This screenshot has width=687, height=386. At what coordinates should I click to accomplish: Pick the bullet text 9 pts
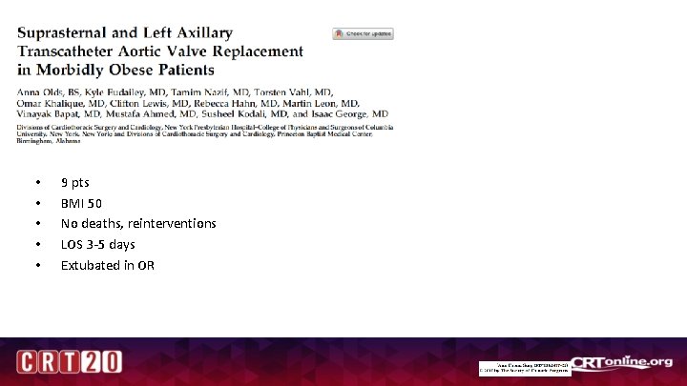74,182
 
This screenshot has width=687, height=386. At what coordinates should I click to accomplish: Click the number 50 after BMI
94,203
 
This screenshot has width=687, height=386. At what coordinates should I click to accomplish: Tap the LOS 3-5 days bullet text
97,244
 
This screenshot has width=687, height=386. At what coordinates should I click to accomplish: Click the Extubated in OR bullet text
107,265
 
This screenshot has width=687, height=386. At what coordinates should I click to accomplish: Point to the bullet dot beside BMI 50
37,203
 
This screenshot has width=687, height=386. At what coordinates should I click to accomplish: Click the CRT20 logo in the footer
68,362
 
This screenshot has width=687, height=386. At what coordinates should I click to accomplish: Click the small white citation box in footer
524,369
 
